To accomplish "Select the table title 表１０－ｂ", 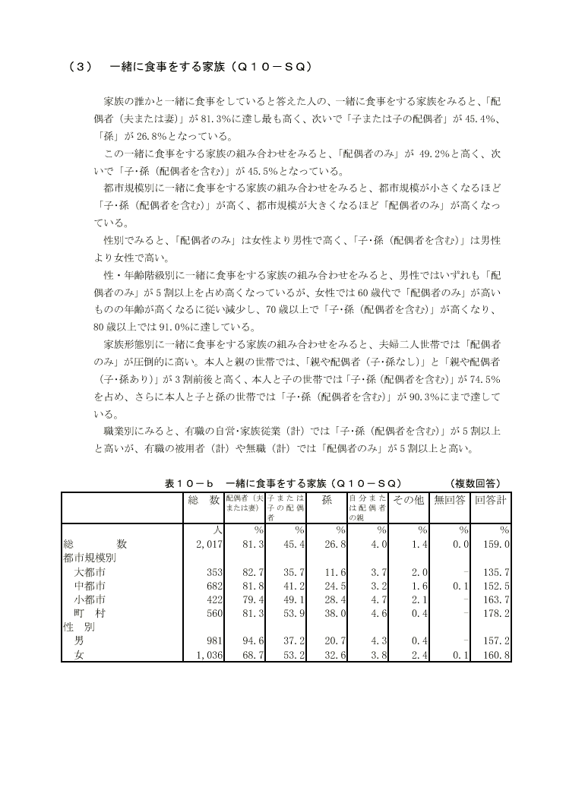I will (186, 483).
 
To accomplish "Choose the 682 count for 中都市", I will (213, 586).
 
